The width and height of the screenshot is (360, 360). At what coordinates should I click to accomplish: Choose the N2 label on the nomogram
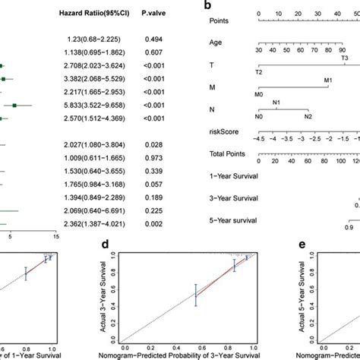pos(308,116)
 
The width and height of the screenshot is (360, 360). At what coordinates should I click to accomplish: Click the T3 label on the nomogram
pos(343,58)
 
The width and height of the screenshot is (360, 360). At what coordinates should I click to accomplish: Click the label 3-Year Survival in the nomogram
pos(233,198)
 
